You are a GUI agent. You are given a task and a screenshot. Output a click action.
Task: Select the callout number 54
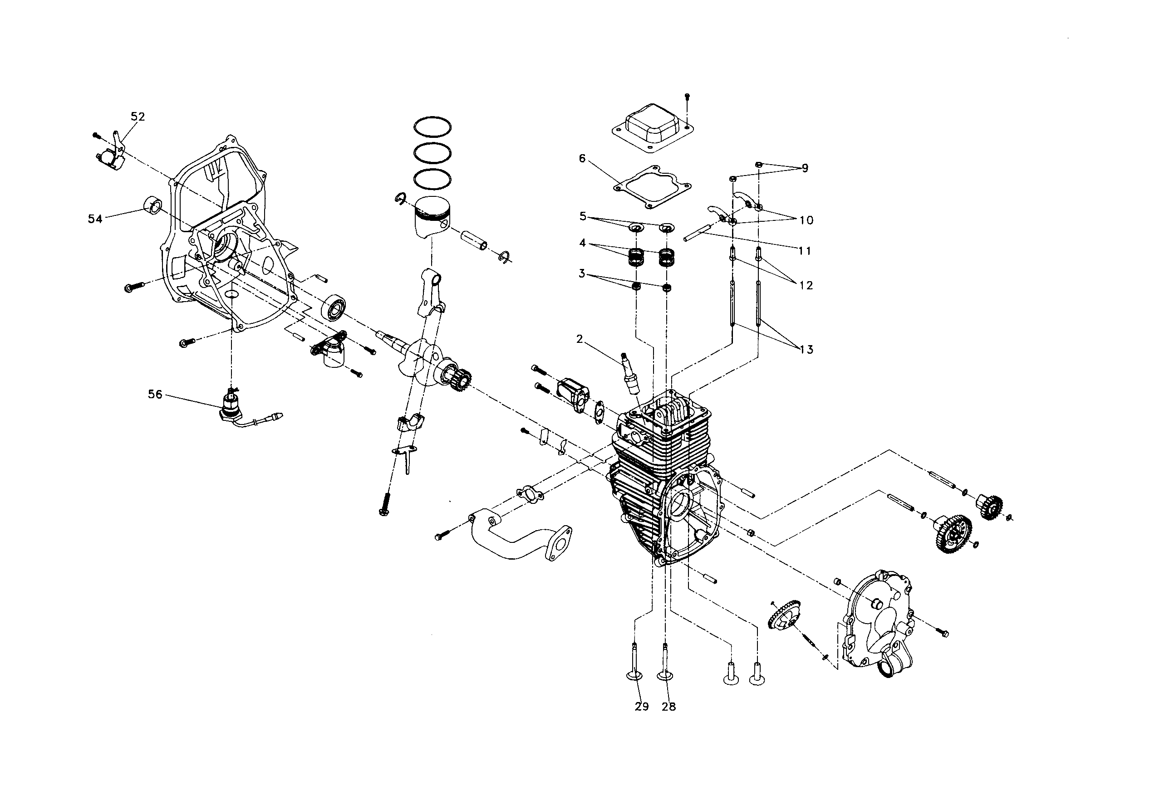(95, 219)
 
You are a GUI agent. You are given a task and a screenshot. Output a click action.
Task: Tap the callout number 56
(155, 395)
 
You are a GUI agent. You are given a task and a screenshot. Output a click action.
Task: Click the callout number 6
(582, 159)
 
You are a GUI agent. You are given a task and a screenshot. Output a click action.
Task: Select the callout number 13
(806, 349)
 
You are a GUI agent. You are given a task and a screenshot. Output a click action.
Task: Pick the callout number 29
(641, 707)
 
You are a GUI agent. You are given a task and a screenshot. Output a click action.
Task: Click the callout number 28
(668, 707)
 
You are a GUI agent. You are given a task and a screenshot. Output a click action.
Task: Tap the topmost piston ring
(432, 127)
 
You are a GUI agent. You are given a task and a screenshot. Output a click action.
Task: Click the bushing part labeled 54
(153, 205)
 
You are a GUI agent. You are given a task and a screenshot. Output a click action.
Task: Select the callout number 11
(805, 251)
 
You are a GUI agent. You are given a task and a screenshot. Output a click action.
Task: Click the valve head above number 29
(635, 676)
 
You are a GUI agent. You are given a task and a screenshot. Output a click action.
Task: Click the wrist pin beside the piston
(474, 239)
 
